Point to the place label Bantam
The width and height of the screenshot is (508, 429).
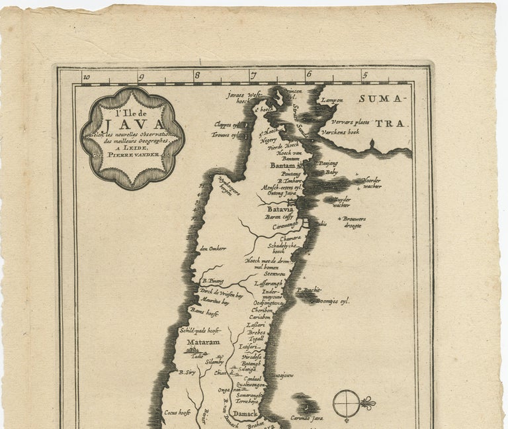(x=283, y=166)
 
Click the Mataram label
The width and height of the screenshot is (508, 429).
(x=204, y=342)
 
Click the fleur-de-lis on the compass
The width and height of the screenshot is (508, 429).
(x=368, y=403)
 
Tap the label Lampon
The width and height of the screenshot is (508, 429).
(x=332, y=101)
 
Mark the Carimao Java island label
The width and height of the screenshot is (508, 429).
(x=308, y=418)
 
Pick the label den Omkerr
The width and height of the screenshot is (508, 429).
(x=213, y=249)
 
